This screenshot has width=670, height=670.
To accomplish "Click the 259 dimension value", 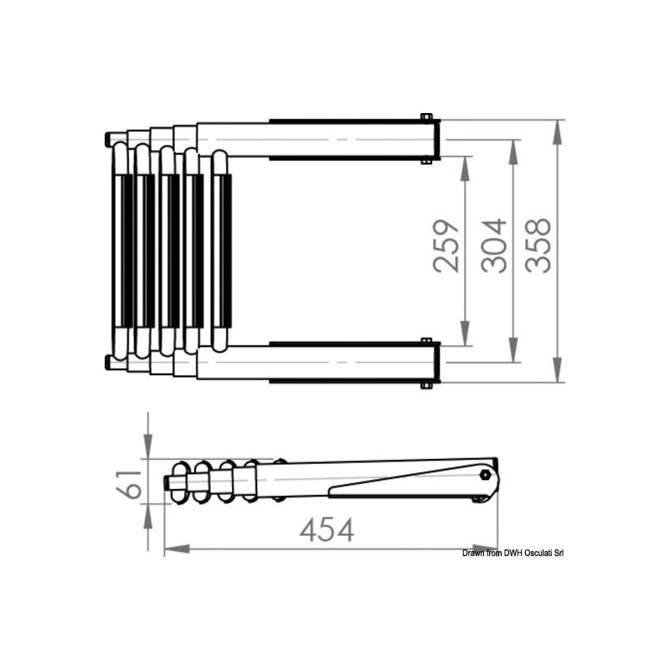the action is click(x=446, y=246).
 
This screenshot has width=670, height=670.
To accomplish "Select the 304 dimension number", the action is click(x=494, y=246).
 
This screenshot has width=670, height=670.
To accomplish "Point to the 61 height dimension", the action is click(x=129, y=484).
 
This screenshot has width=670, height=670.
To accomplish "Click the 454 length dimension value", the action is click(x=327, y=530).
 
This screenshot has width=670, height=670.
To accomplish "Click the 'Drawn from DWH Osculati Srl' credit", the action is click(x=513, y=554).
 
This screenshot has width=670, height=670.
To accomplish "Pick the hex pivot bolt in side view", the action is click(x=484, y=474).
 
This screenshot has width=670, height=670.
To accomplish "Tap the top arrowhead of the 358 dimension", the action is click(x=557, y=132).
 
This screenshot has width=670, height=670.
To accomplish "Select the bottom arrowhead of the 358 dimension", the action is click(x=557, y=369).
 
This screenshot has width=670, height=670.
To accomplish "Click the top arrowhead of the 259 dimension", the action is click(x=466, y=168).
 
